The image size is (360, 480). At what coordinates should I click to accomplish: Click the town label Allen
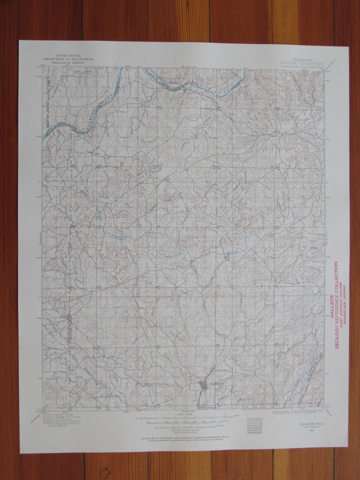pyautogui.click(x=97, y=154)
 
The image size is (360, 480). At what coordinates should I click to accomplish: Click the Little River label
pyautogui.click(x=80, y=72)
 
